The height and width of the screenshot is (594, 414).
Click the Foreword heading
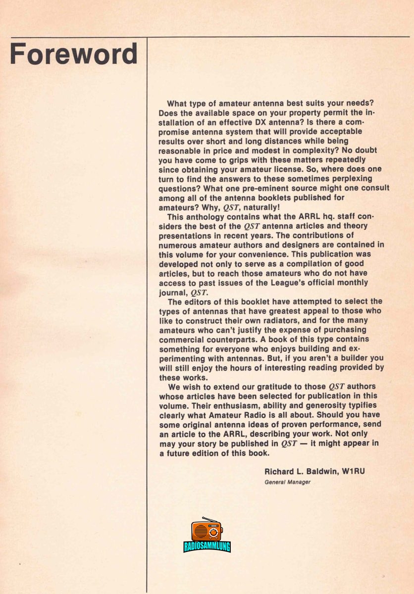pyautogui.click(x=74, y=54)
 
